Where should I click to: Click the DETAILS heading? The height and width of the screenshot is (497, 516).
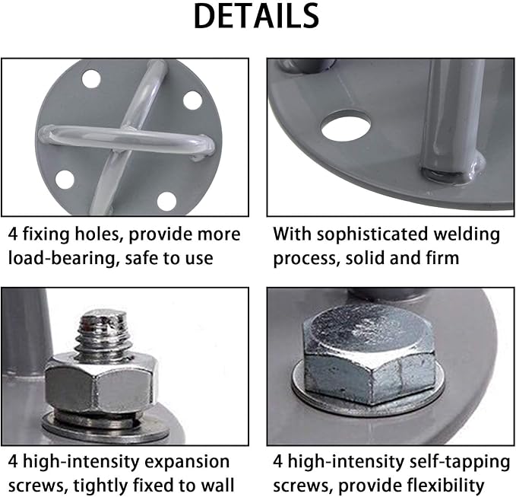click(x=256, y=16)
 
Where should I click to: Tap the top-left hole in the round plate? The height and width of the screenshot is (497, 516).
click(x=91, y=78)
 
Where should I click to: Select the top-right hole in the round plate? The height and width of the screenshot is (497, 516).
click(x=192, y=100)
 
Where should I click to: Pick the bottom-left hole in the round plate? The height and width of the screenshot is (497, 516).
click(x=65, y=180)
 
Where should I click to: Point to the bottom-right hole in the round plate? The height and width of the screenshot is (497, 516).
click(x=166, y=201)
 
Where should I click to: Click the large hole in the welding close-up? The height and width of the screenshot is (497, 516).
click(x=346, y=126)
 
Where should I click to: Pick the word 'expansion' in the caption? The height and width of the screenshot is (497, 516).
click(x=187, y=462)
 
